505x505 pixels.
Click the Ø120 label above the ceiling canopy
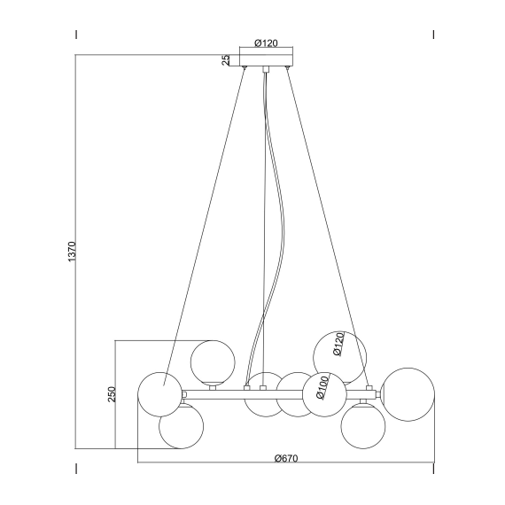click(268, 43)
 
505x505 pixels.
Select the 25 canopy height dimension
click(227, 60)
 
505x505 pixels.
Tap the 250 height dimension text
click(112, 393)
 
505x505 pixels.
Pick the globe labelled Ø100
click(323, 393)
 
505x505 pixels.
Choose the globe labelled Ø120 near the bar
click(339, 354)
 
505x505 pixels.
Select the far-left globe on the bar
click(160, 393)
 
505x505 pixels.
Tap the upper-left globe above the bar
click(213, 360)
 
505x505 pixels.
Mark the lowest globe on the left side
click(181, 425)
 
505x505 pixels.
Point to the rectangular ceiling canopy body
click(268, 60)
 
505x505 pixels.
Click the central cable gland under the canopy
click(266, 69)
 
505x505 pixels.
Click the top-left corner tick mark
click(77, 35)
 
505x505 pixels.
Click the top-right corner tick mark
click(432, 35)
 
